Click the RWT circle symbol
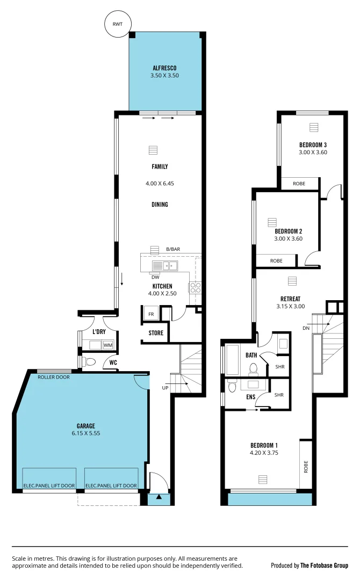click(117, 24)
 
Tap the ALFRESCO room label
click(164, 68)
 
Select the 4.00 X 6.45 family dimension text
click(160, 184)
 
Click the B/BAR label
click(173, 249)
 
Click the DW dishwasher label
click(155, 277)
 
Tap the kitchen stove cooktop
click(195, 287)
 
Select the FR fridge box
click(151, 314)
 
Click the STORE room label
click(156, 333)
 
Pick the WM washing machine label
click(107, 345)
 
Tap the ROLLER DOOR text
click(54, 377)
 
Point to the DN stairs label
click(306, 328)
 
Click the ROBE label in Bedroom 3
click(299, 184)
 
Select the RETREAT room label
click(290, 299)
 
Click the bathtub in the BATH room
click(233, 360)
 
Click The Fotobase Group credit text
click(324, 565)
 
